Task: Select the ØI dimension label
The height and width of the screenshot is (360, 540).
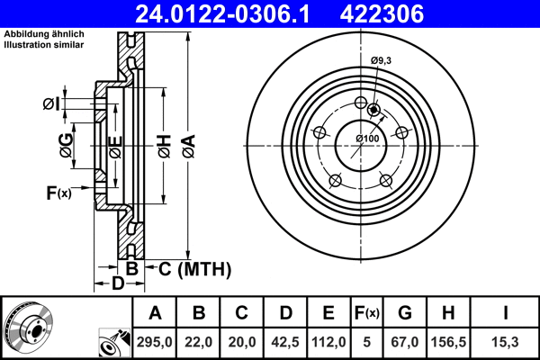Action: pos(51,104)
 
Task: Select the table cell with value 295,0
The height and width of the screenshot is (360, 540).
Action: pos(155,343)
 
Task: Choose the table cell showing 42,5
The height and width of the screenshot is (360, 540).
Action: pos(284,343)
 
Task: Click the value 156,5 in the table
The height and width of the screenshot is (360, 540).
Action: pos(447,343)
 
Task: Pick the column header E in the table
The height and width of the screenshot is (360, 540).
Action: pos(328,313)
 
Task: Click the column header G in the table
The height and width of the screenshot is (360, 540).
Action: pos(405,313)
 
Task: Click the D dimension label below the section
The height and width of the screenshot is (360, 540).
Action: pos(118,284)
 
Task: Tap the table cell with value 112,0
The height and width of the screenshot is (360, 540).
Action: pos(328,343)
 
